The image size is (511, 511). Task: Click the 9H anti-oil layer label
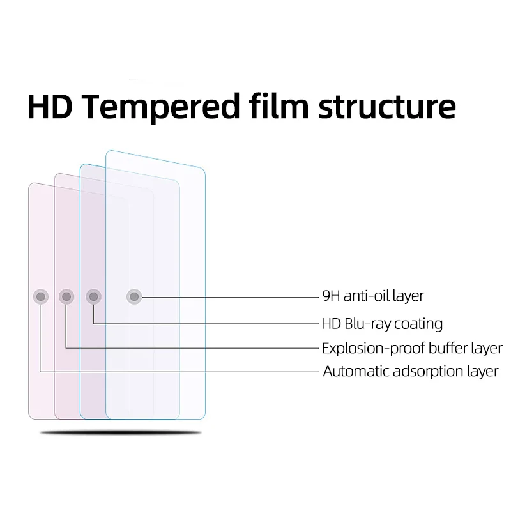click(x=373, y=296)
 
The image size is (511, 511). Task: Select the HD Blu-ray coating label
click(x=382, y=324)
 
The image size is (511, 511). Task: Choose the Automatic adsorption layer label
click(x=410, y=371)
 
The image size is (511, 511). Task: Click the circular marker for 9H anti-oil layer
click(x=133, y=296)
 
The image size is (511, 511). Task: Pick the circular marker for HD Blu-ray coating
click(x=94, y=296)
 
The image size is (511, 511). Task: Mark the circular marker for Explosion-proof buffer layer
click(x=66, y=296)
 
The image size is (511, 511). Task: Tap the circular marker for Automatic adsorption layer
click(x=40, y=296)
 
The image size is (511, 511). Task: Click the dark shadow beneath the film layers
click(x=121, y=433)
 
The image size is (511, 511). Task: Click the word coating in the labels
click(x=418, y=324)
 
